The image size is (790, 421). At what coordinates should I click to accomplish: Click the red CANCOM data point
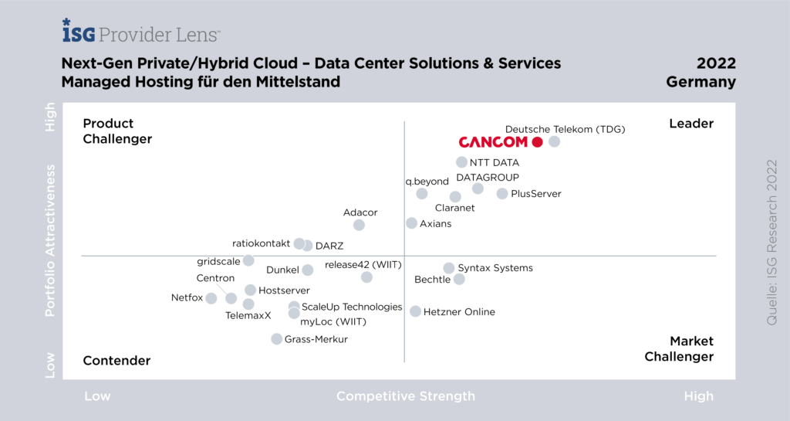[537, 142]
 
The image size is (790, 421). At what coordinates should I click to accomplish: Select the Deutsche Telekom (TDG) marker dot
[554, 141]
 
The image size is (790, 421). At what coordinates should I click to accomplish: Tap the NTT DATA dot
[461, 162]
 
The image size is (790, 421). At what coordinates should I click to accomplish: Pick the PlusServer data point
[502, 194]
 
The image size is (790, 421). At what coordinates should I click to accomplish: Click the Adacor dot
[359, 225]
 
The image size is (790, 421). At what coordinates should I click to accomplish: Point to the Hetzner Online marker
[416, 311]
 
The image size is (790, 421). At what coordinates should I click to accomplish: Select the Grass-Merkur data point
[276, 339]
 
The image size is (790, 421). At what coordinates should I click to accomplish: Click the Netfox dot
[211, 297]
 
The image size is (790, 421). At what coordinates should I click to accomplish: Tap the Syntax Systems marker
[449, 268]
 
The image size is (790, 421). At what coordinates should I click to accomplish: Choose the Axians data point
[412, 223]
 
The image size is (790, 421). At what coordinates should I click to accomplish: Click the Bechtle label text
[432, 280]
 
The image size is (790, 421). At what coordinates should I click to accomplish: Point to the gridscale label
[218, 261]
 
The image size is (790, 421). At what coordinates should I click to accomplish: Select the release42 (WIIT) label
[363, 265]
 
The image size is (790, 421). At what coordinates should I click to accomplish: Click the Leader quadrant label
[691, 124]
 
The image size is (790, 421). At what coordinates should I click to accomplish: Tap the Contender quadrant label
[116, 360]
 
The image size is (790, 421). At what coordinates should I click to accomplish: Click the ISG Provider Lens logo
[141, 32]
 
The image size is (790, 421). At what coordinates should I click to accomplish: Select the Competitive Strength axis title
[406, 396]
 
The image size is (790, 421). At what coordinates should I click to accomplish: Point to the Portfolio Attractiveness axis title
[51, 239]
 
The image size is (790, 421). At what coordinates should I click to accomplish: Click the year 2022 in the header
[716, 63]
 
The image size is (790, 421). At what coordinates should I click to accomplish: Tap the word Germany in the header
[701, 82]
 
